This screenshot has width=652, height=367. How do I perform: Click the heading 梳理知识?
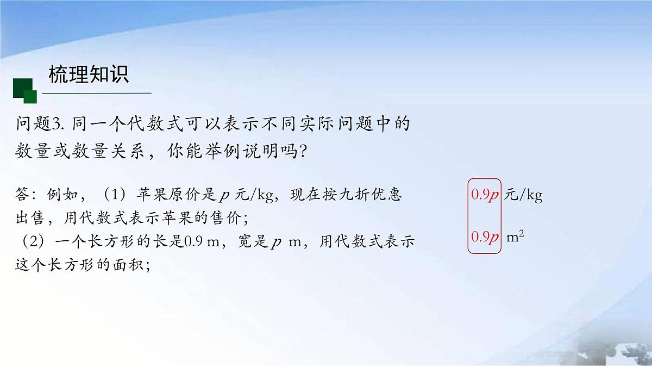coord(89,74)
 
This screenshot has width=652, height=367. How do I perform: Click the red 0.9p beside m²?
coord(485,238)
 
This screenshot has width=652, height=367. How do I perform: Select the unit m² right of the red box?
coord(515,237)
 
